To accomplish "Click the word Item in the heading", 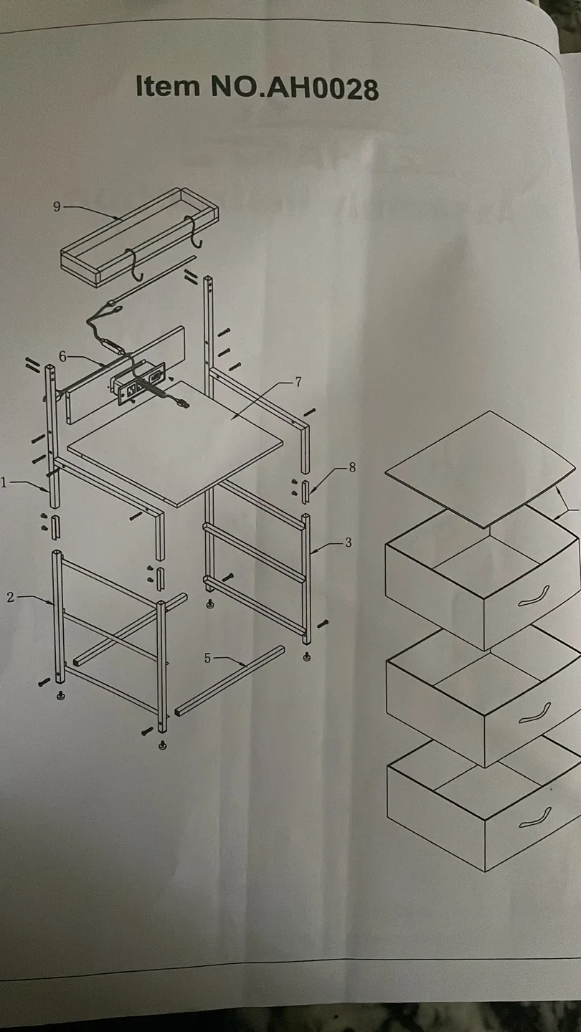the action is click(168, 86).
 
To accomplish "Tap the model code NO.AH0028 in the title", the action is click(295, 87).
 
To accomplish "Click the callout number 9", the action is click(57, 207).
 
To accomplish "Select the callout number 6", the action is click(62, 356).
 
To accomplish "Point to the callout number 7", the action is click(298, 382).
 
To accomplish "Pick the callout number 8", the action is click(352, 467).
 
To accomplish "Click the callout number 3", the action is click(348, 543).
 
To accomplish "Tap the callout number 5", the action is click(207, 659).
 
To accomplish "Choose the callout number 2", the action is click(11, 598).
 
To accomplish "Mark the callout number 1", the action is click(4, 482).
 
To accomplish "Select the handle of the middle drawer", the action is click(534, 713).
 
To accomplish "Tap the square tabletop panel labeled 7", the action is click(175, 443).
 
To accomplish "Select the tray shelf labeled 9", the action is click(139, 238).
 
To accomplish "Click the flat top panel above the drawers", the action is click(481, 469).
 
